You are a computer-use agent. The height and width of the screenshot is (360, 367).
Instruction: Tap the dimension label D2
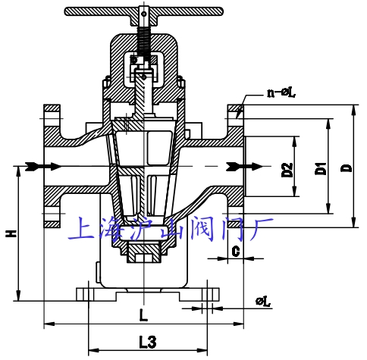(x=287, y=170)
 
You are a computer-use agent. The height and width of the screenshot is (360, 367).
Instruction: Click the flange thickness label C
(x=236, y=249)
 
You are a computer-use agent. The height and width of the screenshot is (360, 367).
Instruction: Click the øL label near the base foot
(x=264, y=302)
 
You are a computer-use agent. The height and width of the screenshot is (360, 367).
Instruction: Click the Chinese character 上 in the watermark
(x=81, y=227)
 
